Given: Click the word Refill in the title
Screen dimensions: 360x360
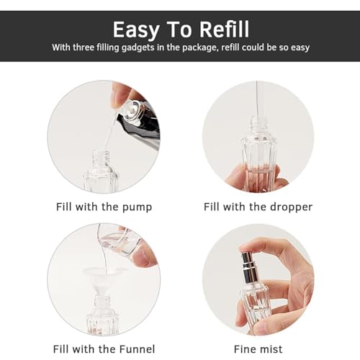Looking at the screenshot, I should tap(216, 29).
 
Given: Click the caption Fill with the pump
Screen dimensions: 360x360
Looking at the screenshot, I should tap(104, 207).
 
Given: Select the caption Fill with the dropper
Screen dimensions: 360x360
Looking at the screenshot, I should tap(258, 207).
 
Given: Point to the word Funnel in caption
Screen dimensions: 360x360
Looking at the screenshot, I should tap(134, 350).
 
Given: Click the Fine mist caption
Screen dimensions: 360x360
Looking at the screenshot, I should tap(258, 350).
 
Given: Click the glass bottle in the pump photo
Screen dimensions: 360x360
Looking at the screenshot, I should tap(101, 174).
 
